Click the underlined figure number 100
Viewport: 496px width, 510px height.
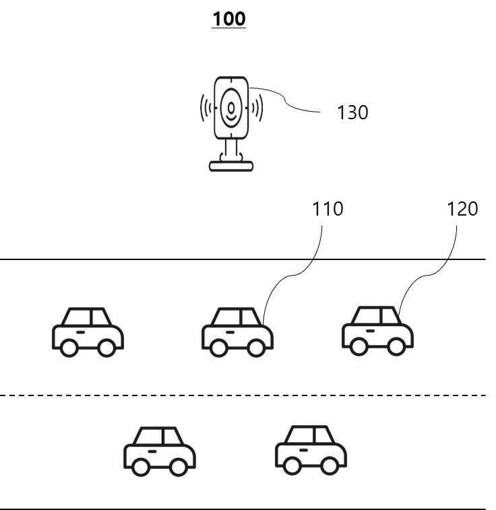[x=229, y=19]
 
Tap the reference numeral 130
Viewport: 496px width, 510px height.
[x=352, y=113]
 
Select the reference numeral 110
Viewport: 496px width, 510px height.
[x=328, y=209]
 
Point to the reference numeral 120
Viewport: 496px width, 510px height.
[x=462, y=209]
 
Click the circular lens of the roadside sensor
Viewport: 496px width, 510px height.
[x=232, y=108]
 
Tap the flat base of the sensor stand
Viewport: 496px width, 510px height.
[x=231, y=166]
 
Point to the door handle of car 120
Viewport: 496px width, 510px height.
[x=370, y=330]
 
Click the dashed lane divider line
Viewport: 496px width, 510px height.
[x=243, y=395]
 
